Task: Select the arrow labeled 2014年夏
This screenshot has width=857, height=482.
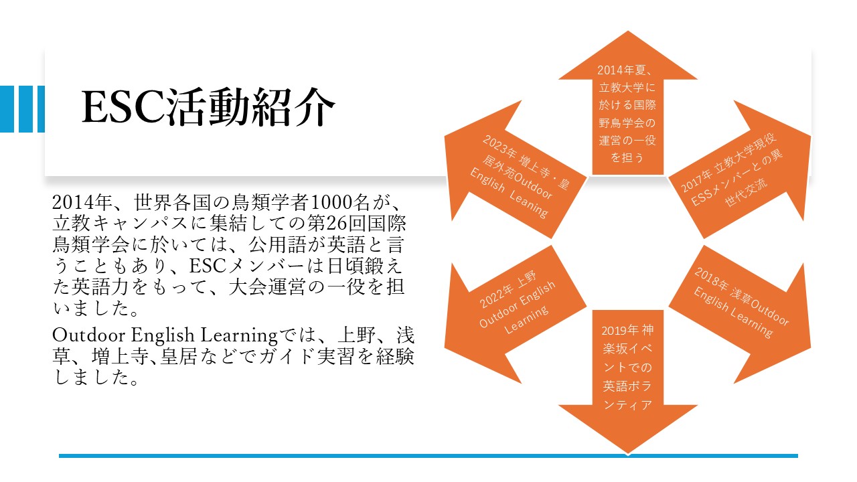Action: click(x=628, y=103)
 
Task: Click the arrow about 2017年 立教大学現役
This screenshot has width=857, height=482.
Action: click(x=739, y=169)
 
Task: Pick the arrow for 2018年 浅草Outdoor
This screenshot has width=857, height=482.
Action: click(x=739, y=315)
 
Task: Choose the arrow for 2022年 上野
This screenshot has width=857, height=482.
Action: click(x=516, y=315)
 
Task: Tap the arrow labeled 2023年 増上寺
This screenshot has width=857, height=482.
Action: click(x=516, y=169)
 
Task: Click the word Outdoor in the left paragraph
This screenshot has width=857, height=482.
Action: click(x=89, y=335)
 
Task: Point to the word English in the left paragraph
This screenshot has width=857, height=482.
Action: click(x=163, y=336)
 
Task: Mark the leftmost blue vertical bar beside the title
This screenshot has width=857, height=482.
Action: click(x=7, y=109)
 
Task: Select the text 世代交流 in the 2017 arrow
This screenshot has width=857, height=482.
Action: click(x=747, y=193)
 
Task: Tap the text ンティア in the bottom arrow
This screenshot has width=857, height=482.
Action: click(x=627, y=405)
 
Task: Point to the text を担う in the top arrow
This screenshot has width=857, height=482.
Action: click(x=627, y=157)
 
